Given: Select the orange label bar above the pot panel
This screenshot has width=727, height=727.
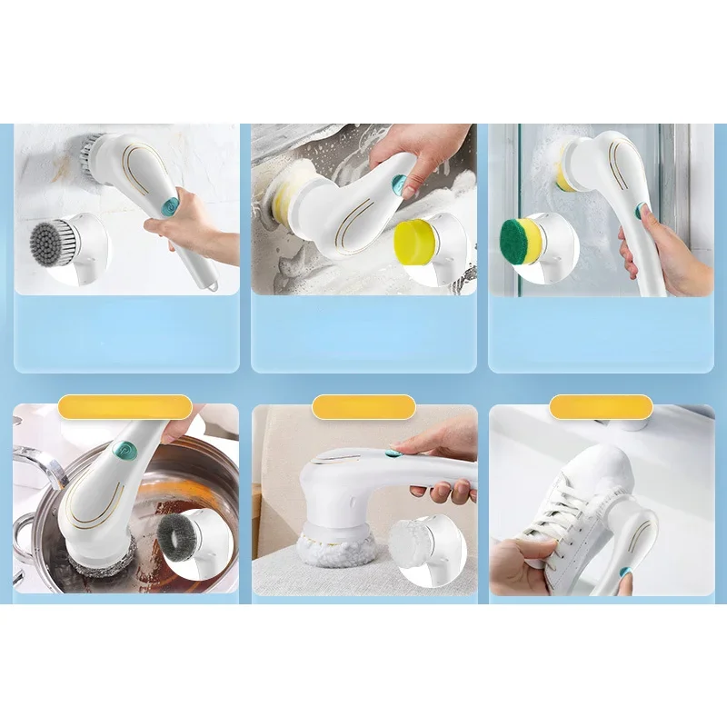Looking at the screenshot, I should point(125,407).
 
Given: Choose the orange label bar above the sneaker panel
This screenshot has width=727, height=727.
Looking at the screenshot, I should point(601,407).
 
